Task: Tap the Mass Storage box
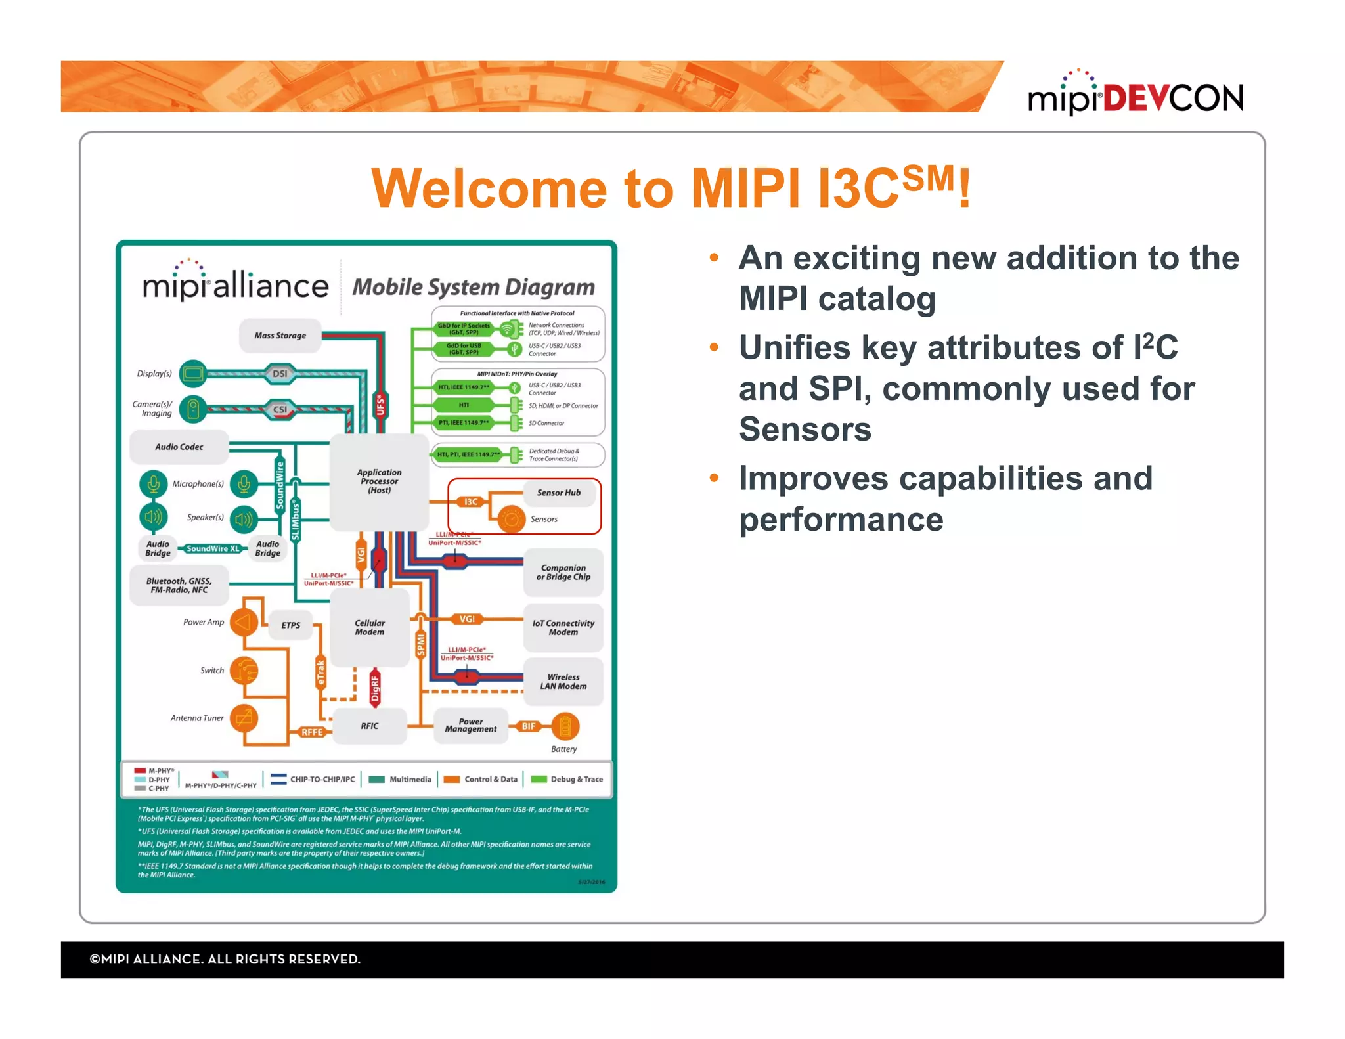[x=280, y=336]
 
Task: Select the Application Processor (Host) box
[x=379, y=481]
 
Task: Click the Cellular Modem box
[x=370, y=627]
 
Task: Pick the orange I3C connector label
[x=471, y=502]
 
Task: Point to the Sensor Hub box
[x=559, y=493]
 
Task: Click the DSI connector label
[x=280, y=374]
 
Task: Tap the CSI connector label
[x=280, y=409]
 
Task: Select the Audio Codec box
[x=179, y=447]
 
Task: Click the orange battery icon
[x=565, y=726]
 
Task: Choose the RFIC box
[x=369, y=726]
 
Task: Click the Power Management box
[x=471, y=725]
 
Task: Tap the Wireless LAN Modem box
[x=563, y=682]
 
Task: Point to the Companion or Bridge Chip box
[x=563, y=572]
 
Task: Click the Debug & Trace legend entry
[x=568, y=779]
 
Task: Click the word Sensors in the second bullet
[x=805, y=430]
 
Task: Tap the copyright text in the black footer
[x=225, y=959]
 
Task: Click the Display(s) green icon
[x=192, y=374]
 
